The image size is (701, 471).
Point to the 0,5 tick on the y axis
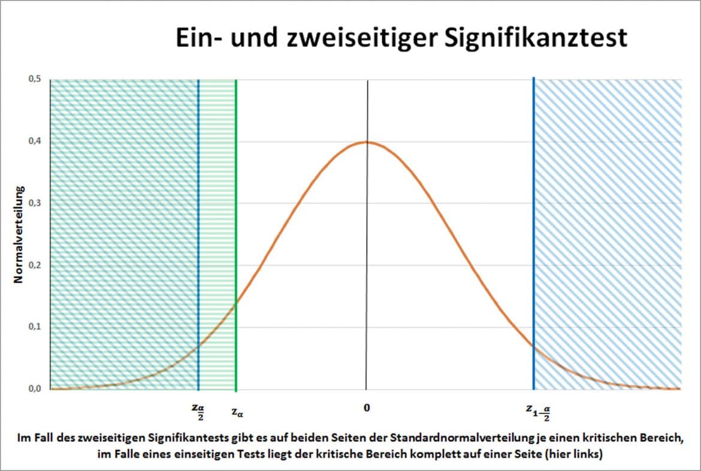[34, 80]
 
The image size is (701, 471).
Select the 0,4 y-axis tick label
[34, 141]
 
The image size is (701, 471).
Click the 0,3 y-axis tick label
[34, 203]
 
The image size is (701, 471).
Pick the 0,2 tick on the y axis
[34, 265]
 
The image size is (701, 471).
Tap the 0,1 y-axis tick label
[34, 327]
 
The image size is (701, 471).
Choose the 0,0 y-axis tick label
[34, 389]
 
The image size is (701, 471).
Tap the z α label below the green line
[237, 412]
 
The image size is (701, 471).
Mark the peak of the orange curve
[366, 142]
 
